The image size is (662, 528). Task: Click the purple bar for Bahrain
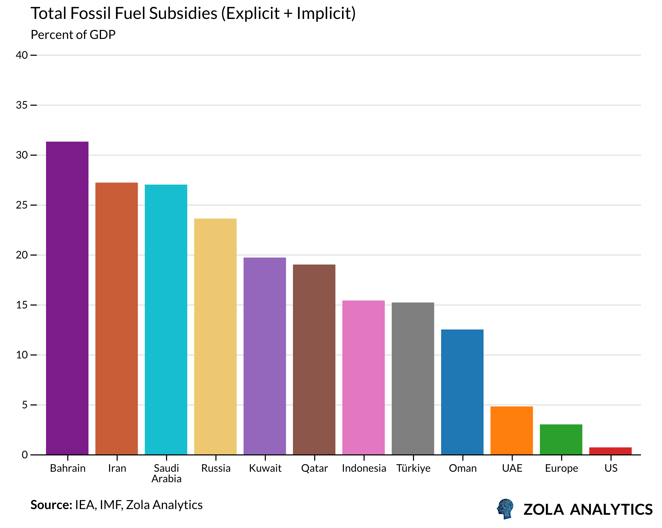(67, 298)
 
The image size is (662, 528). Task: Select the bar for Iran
(117, 318)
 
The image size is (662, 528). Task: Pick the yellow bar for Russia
(216, 336)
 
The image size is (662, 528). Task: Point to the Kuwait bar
(265, 356)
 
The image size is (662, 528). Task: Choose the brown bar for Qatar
(314, 359)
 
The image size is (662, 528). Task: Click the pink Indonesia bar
(364, 377)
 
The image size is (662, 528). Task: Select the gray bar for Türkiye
(413, 378)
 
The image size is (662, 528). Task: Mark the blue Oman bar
(462, 392)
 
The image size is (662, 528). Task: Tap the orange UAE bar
(511, 430)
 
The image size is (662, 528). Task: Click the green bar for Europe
(561, 439)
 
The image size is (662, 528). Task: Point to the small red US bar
(611, 451)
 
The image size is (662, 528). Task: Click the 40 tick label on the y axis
(22, 55)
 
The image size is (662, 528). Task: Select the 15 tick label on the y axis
(22, 305)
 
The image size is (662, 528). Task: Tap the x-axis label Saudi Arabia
(167, 473)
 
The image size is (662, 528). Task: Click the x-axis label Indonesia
(364, 468)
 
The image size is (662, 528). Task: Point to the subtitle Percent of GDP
(73, 35)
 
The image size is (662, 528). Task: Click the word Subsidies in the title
(183, 14)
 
